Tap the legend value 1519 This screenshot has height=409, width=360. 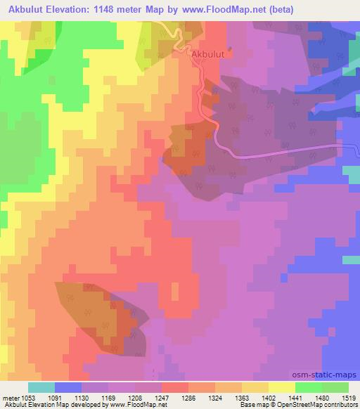click(351, 398)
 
